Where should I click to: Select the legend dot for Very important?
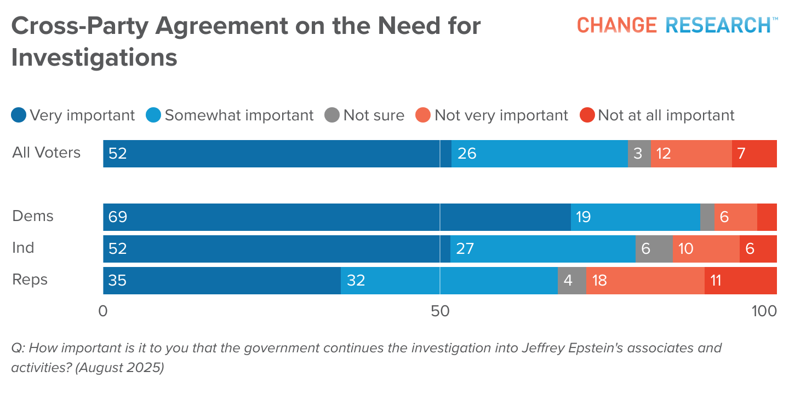click(19, 115)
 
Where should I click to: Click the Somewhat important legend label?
click(239, 115)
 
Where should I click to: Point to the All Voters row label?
click(47, 153)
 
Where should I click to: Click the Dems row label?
click(33, 216)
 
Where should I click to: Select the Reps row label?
click(30, 280)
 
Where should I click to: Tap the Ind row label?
click(23, 248)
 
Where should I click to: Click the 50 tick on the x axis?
click(440, 311)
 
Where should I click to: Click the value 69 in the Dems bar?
click(118, 217)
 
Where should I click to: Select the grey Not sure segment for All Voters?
click(639, 154)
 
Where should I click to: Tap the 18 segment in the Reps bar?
click(645, 281)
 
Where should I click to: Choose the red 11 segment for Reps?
click(740, 281)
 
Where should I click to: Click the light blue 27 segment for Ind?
click(542, 249)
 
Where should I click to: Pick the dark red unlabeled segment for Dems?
click(767, 217)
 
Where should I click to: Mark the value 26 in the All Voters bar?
click(467, 154)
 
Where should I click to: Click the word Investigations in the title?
click(94, 57)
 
